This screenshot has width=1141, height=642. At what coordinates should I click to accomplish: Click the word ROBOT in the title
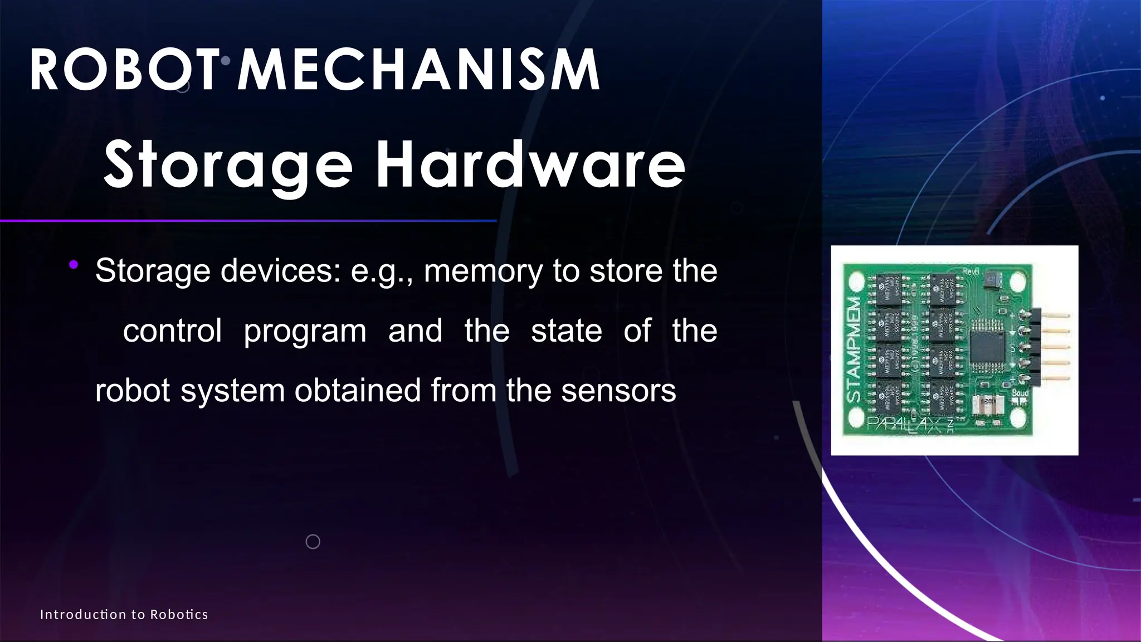[x=124, y=70]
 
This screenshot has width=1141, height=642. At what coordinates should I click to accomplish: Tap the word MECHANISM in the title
[x=419, y=70]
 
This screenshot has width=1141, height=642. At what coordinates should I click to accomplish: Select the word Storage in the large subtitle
[x=227, y=165]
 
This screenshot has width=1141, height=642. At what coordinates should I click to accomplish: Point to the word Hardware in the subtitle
[x=530, y=165]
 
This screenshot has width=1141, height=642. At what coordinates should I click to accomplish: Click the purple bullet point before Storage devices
[x=73, y=265]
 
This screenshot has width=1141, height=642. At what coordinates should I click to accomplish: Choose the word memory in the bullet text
[x=483, y=271]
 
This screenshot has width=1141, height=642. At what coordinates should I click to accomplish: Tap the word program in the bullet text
[x=305, y=330]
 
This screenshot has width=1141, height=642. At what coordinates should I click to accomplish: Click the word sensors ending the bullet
[x=618, y=390]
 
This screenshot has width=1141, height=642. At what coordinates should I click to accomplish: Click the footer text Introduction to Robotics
[x=124, y=615]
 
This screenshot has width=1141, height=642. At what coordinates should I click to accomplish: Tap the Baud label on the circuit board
[x=1020, y=393]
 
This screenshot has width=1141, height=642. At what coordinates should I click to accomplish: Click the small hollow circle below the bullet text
[x=313, y=542]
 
